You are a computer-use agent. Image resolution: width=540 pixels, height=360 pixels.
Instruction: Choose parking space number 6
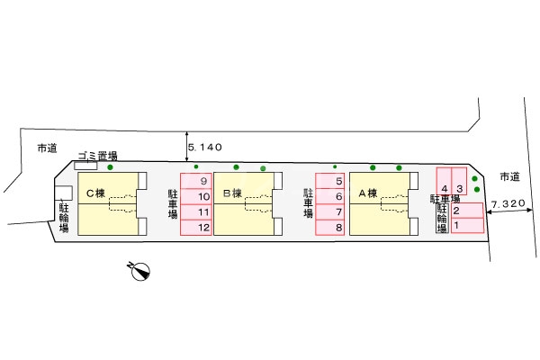(330, 196)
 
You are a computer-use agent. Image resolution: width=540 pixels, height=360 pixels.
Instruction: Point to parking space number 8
(330, 227)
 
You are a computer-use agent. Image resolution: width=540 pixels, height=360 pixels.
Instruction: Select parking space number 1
(466, 225)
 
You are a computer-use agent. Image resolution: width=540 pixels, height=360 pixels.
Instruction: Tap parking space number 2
(466, 211)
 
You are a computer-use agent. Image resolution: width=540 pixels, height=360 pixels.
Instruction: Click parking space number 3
(459, 189)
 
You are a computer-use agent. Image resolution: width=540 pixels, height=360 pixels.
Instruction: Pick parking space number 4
(445, 189)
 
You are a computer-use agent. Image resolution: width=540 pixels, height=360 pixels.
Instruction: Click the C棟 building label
(96, 193)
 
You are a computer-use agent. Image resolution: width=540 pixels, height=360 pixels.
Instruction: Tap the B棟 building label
(232, 193)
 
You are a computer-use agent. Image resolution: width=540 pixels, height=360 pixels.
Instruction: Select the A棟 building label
(366, 193)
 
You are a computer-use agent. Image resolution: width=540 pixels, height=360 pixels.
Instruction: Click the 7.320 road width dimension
(509, 204)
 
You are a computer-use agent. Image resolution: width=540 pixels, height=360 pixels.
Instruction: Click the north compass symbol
(139, 270)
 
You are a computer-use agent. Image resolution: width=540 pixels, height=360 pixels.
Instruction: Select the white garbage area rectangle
(85, 166)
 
